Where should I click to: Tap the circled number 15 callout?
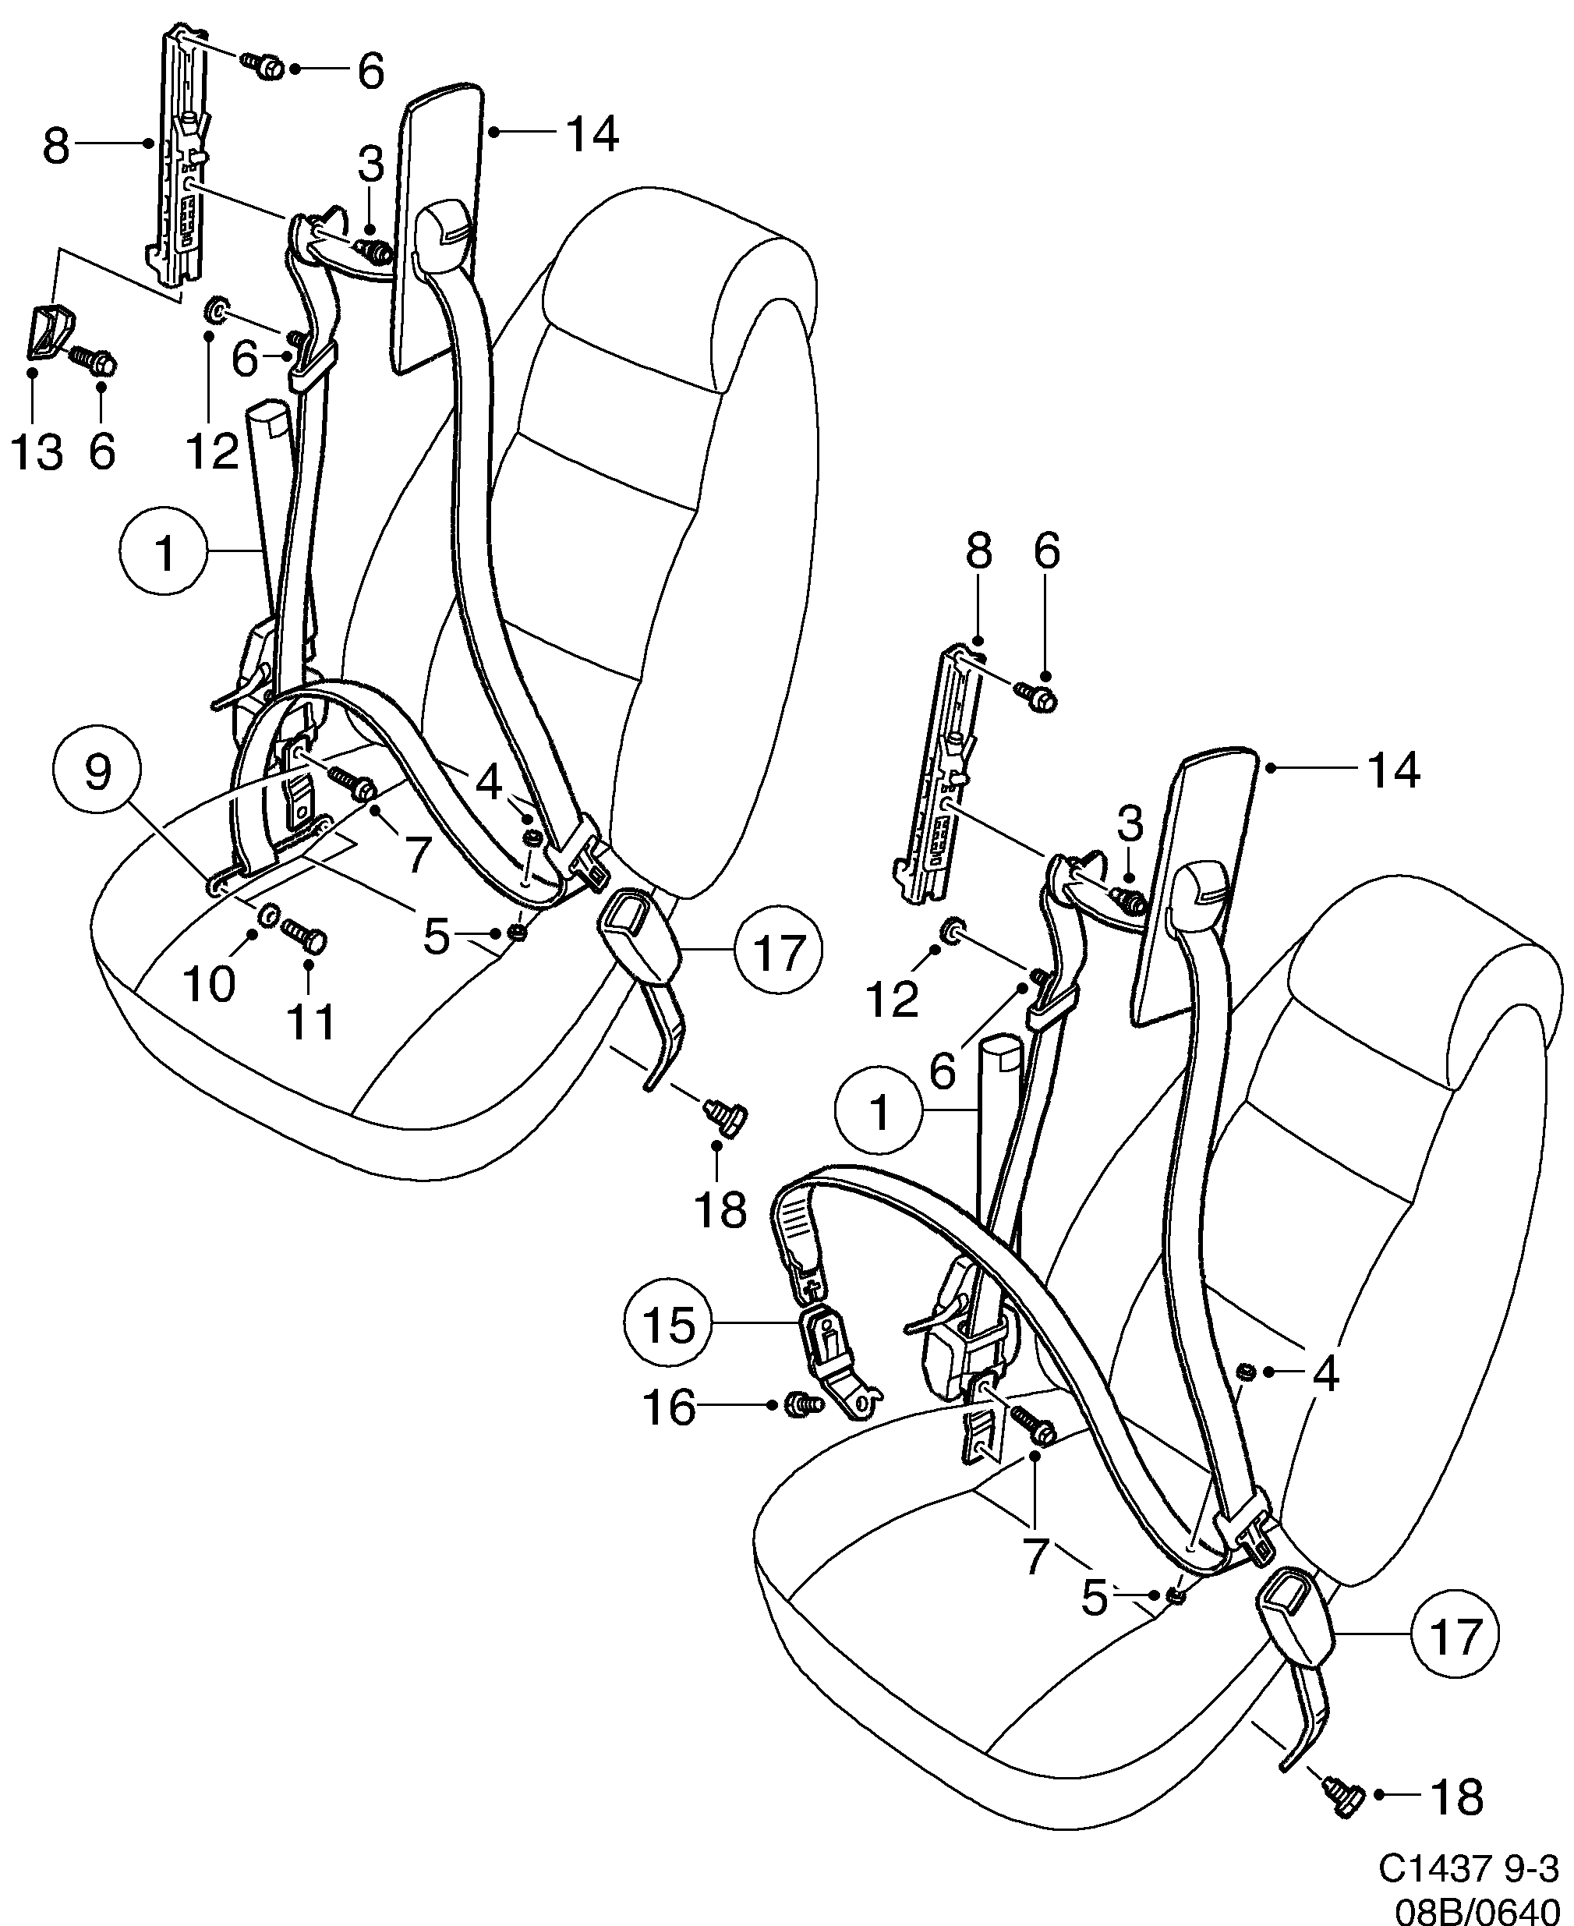669,1325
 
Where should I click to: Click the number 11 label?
311,1022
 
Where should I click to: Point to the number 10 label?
210,983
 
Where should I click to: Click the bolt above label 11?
305,935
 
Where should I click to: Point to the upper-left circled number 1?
164,552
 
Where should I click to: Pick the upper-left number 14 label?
591,134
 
